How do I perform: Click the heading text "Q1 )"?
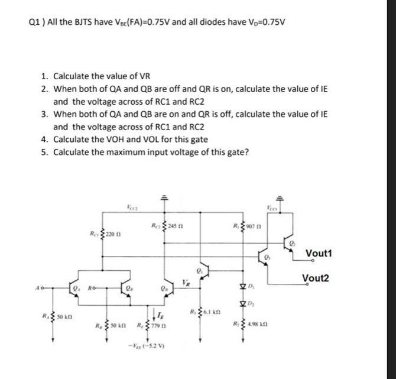[x=37, y=23]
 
